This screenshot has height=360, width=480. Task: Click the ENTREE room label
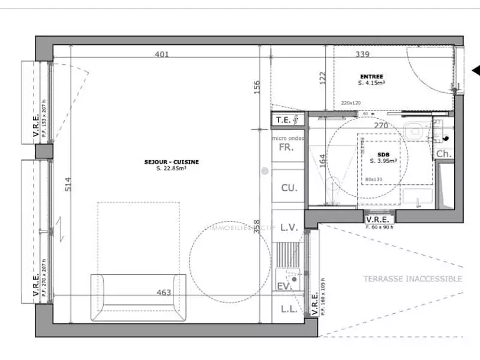click(371, 76)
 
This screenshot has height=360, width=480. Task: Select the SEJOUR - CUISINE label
click(171, 162)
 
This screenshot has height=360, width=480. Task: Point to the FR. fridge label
click(287, 148)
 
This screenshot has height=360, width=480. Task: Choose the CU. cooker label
click(289, 188)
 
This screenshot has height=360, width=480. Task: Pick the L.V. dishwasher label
click(289, 227)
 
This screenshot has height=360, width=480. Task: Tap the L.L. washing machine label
click(287, 310)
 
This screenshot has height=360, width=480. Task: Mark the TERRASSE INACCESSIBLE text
click(412, 279)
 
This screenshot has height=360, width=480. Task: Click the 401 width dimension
click(161, 55)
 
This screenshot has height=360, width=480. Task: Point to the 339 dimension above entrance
click(362, 55)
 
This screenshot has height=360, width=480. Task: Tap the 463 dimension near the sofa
click(163, 293)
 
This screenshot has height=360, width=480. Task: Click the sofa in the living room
click(138, 297)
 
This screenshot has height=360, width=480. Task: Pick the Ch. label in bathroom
click(443, 154)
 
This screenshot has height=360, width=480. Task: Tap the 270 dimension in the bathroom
click(381, 126)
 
